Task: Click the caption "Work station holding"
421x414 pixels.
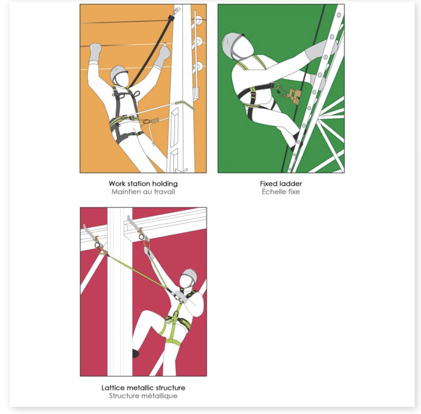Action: (143, 184)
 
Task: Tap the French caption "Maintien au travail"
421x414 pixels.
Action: (143, 192)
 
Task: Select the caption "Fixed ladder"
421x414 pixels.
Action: (281, 184)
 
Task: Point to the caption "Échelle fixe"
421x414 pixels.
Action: (281, 191)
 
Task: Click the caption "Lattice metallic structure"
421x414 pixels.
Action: (143, 388)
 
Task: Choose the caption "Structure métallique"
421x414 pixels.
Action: (143, 396)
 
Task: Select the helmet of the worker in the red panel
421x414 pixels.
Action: (190, 275)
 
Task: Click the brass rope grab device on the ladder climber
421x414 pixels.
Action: (295, 96)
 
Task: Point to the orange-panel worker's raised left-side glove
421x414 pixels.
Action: (95, 52)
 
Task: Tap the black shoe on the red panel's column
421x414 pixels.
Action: (135, 353)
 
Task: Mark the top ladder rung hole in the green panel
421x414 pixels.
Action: (339, 15)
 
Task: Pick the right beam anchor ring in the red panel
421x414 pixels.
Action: (142, 237)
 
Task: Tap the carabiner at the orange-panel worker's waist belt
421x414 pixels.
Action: (146, 121)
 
